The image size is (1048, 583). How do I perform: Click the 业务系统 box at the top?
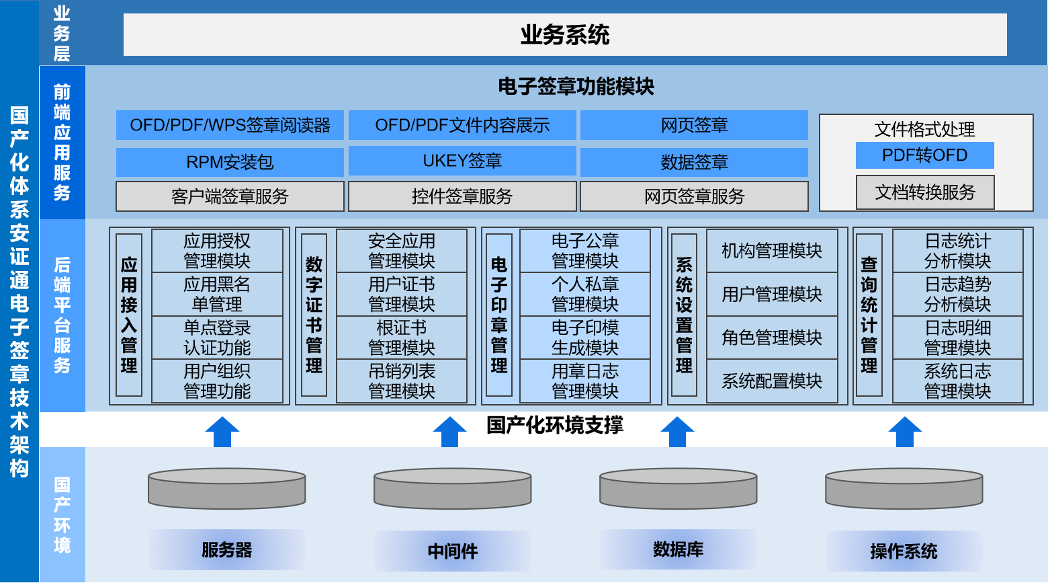pos(565,35)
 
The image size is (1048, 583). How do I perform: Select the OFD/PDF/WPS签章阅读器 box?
pos(230,125)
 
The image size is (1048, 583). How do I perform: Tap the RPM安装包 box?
pos(230,162)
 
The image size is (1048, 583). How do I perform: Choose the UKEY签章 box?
pos(462,161)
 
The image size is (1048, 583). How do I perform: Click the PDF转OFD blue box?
pos(924,155)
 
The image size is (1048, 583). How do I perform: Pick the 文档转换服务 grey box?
pos(925,192)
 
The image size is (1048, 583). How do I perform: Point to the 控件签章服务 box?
pos(462,196)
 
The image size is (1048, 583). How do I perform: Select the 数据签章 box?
pos(695,162)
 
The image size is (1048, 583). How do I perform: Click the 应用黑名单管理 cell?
pos(217,294)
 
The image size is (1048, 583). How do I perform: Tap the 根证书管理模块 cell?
pos(402,338)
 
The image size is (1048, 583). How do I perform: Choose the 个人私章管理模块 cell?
pos(585,294)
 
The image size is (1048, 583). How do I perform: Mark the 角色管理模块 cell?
pos(772,338)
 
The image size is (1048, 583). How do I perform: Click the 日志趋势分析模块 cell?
pos(958,294)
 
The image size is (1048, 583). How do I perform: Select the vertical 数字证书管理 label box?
pos(314,315)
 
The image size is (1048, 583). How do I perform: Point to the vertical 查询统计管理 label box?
pos(869,315)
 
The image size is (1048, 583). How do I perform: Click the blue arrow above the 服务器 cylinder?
pos(222,432)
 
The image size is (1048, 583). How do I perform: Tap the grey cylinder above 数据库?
pos(678,489)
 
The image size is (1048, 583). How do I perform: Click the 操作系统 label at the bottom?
pos(904,551)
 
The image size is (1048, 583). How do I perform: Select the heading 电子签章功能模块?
pos(576,87)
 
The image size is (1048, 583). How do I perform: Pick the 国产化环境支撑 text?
pos(555,425)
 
